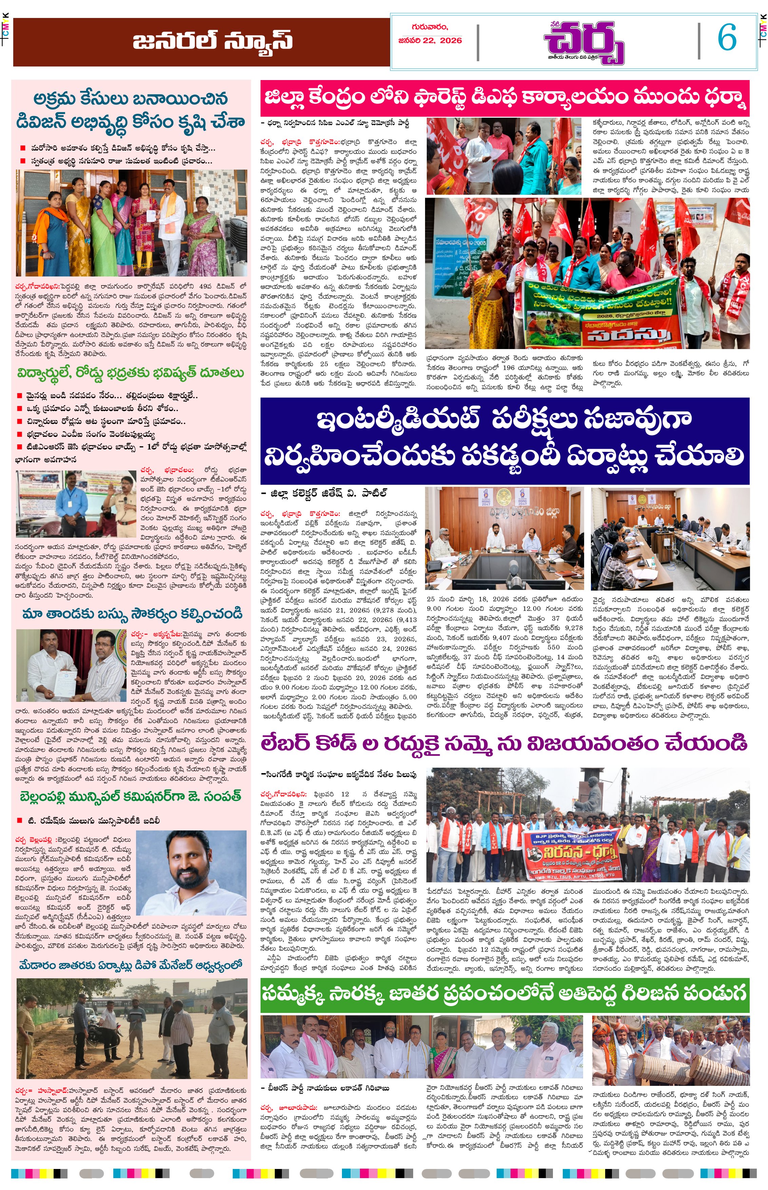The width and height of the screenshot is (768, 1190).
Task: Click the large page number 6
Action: click(x=727, y=38)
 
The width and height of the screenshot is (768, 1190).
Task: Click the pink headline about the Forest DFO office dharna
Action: click(x=505, y=98)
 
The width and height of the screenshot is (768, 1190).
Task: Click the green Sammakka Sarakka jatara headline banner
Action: click(x=505, y=993)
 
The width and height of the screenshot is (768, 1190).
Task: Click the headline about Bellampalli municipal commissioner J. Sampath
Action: click(x=131, y=796)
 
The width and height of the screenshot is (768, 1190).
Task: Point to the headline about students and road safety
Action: click(x=131, y=373)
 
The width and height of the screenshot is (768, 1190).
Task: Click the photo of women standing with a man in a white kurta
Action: click(x=132, y=223)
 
